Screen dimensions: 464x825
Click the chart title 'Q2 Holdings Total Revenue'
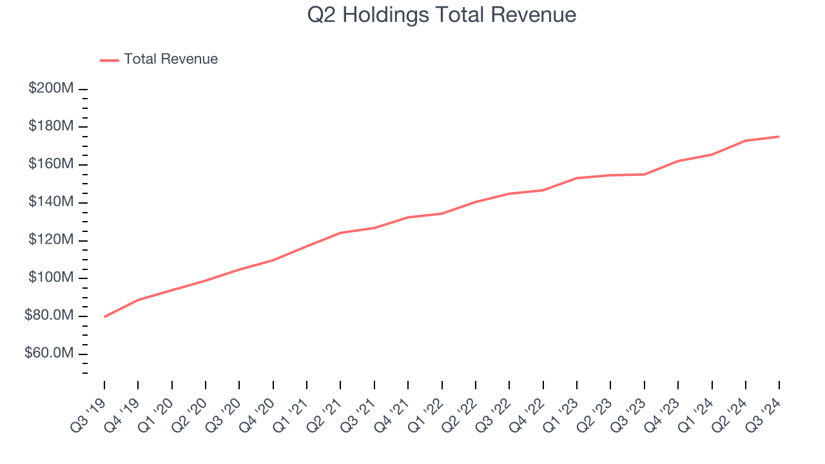[442, 15]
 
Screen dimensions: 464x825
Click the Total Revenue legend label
[171, 59]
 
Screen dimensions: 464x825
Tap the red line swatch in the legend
[110, 60]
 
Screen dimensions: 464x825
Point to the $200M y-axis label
[51, 88]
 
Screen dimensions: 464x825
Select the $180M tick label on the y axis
[51, 126]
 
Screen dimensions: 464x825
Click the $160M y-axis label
[51, 164]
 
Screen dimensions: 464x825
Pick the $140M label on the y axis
[51, 202]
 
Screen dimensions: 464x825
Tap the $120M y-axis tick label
[51, 240]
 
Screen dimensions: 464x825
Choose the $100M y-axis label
[51, 278]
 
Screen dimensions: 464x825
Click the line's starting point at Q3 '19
[104, 316]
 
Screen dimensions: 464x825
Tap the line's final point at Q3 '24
[779, 137]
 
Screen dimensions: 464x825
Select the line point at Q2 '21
[340, 233]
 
